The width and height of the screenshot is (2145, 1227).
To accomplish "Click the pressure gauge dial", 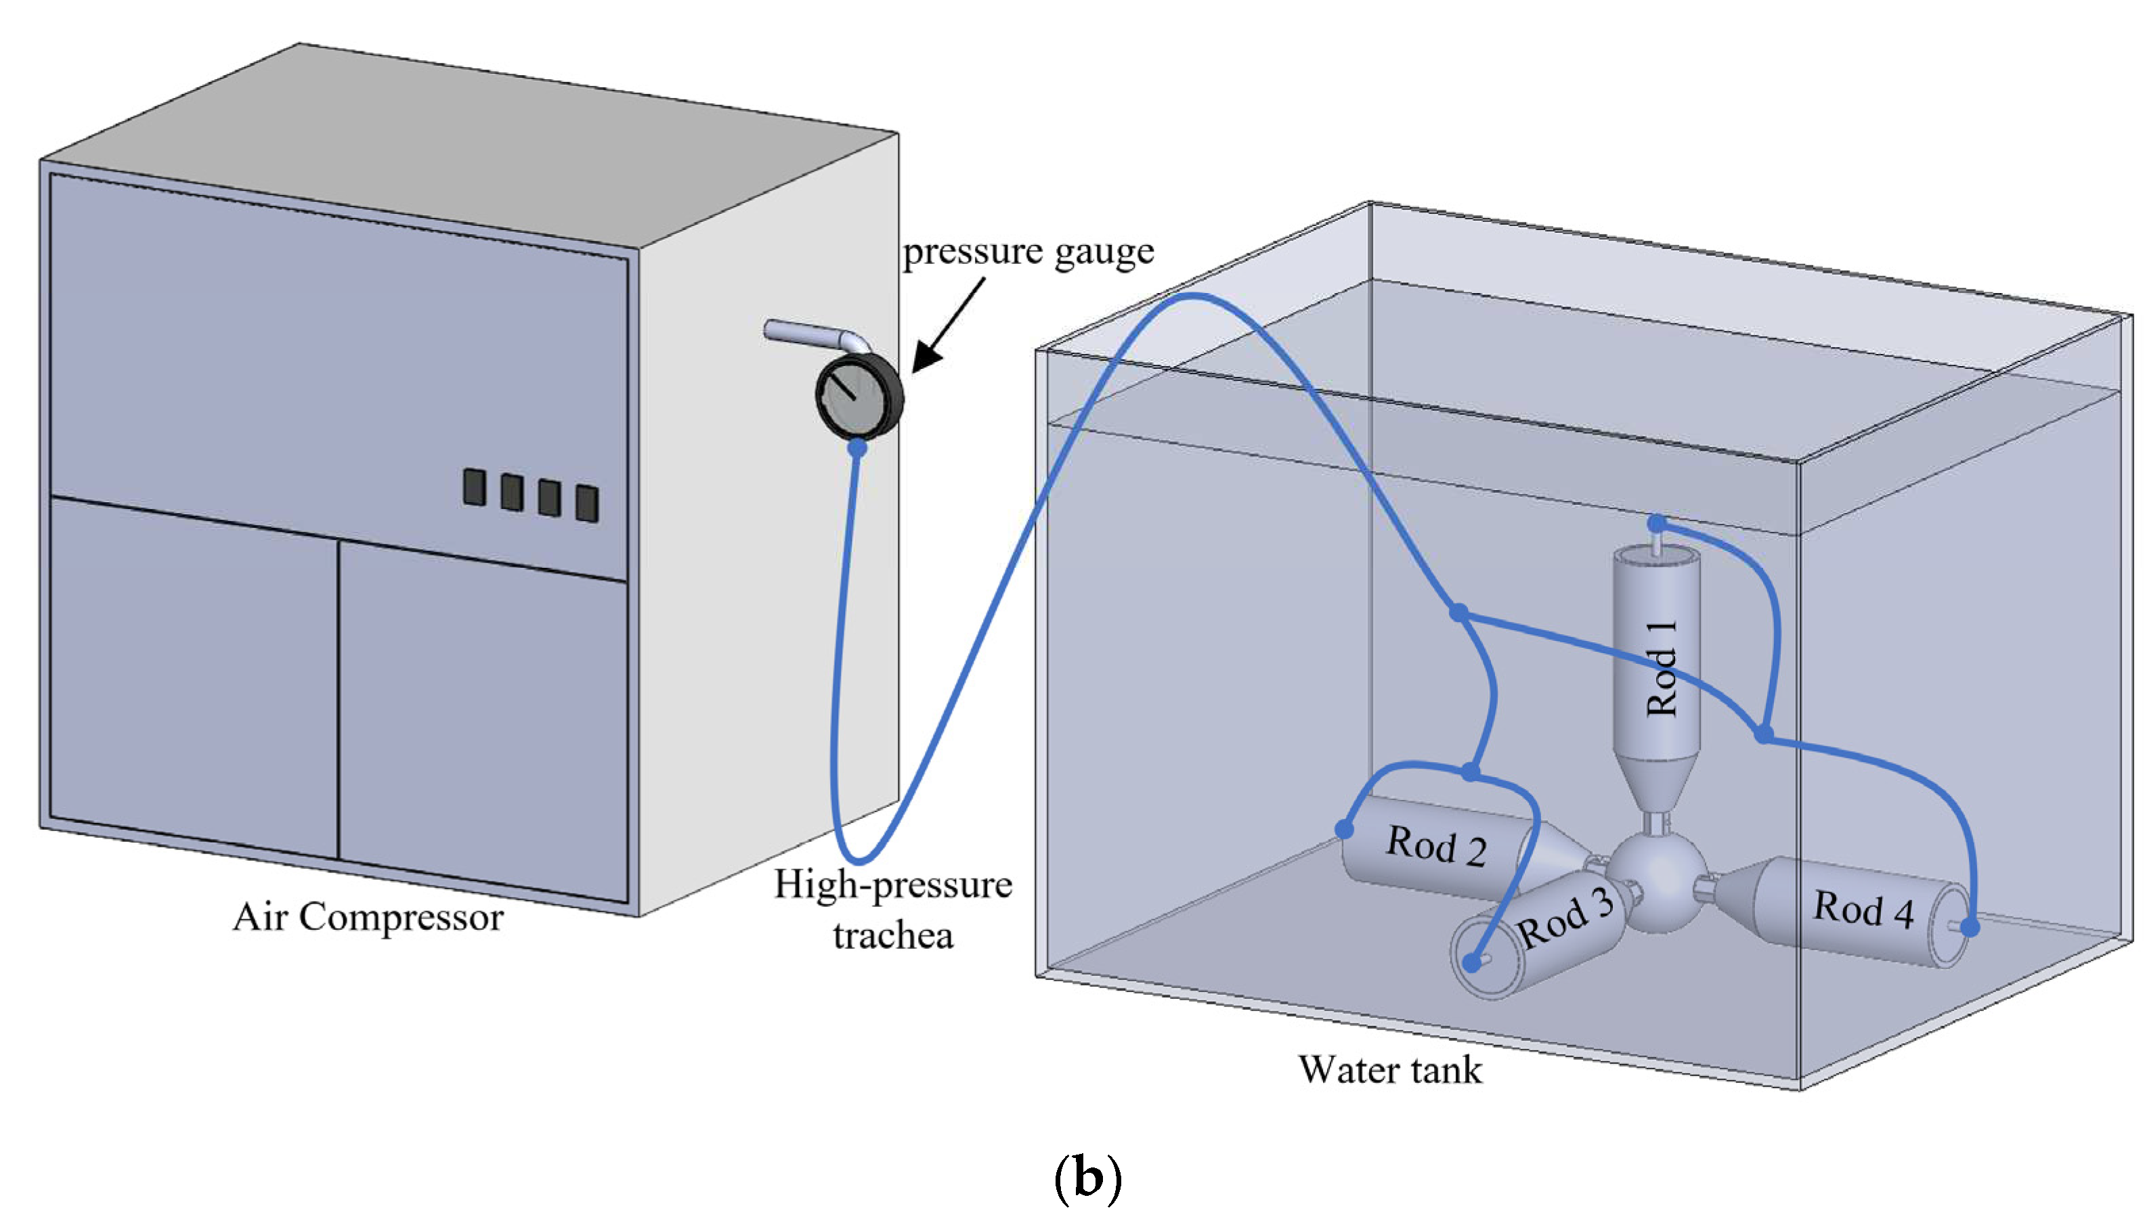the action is pos(859,397).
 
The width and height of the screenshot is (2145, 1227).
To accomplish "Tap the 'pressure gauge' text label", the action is pos(1028,252).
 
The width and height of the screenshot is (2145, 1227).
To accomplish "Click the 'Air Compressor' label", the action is pos(368,918).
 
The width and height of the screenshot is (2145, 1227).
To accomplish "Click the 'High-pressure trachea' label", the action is pos(893,910).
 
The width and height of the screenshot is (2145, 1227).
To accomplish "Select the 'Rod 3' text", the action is pos(1565,918).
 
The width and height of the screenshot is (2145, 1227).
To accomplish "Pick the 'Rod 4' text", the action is pos(1863,910).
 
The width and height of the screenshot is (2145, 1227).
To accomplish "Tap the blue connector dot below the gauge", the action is pos(857,447).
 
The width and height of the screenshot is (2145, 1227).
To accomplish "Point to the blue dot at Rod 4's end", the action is pos(1970,928).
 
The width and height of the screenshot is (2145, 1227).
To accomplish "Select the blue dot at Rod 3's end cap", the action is pos(1471,963).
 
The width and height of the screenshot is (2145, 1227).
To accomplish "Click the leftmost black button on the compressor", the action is pos(475,488).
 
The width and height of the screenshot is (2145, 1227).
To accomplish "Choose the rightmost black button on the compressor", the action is pos(588,503).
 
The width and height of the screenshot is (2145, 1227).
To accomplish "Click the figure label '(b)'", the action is pos(1088,1179).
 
